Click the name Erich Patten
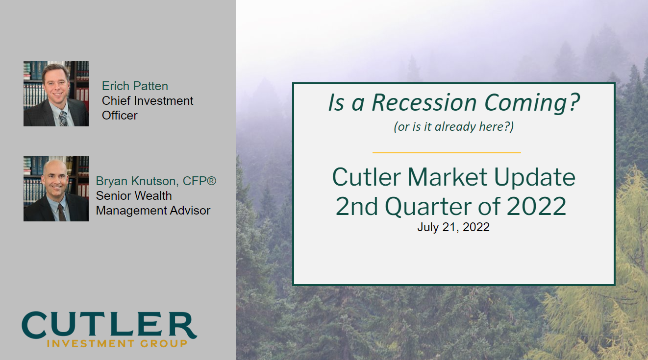pyautogui.click(x=135, y=86)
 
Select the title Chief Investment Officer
pyautogui.click(x=148, y=108)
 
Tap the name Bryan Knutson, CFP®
pyautogui.click(x=156, y=181)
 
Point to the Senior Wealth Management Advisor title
pyautogui.click(x=153, y=203)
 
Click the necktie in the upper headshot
pyautogui.click(x=63, y=119)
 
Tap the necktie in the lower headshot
pyautogui.click(x=62, y=213)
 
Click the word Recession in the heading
pyautogui.click(x=424, y=103)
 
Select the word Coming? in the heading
pyautogui.click(x=532, y=103)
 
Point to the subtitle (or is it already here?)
pyautogui.click(x=453, y=127)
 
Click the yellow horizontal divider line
pyautogui.click(x=447, y=152)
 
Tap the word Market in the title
pyautogui.click(x=447, y=177)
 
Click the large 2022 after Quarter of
pyautogui.click(x=537, y=206)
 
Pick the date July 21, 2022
pyautogui.click(x=453, y=227)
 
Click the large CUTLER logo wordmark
pyautogui.click(x=109, y=325)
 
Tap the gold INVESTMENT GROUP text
pyautogui.click(x=117, y=343)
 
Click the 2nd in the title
pyautogui.click(x=357, y=206)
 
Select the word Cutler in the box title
pyautogui.click(x=367, y=177)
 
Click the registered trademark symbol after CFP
pyautogui.click(x=211, y=181)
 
